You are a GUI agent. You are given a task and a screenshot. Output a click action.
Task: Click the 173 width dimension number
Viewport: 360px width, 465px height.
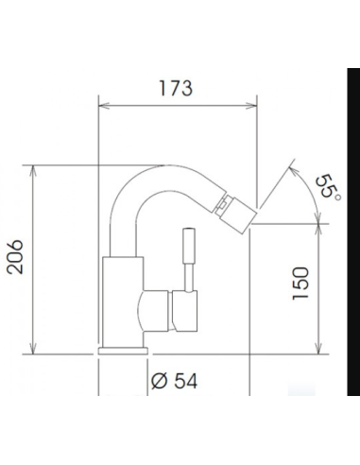(x=177, y=89)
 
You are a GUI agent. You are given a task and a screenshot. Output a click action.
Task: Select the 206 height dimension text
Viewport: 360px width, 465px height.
(x=17, y=257)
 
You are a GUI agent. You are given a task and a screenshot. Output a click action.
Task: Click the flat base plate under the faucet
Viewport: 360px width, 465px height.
(x=122, y=349)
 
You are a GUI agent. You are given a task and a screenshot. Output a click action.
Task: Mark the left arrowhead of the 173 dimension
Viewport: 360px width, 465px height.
(x=103, y=106)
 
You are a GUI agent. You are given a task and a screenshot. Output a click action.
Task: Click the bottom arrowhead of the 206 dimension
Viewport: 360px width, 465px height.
(x=35, y=347)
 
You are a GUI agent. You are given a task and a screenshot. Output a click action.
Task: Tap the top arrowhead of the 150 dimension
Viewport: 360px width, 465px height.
(x=319, y=227)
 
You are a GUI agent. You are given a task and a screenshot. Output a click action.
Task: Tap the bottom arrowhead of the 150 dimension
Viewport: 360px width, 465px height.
(x=319, y=348)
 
